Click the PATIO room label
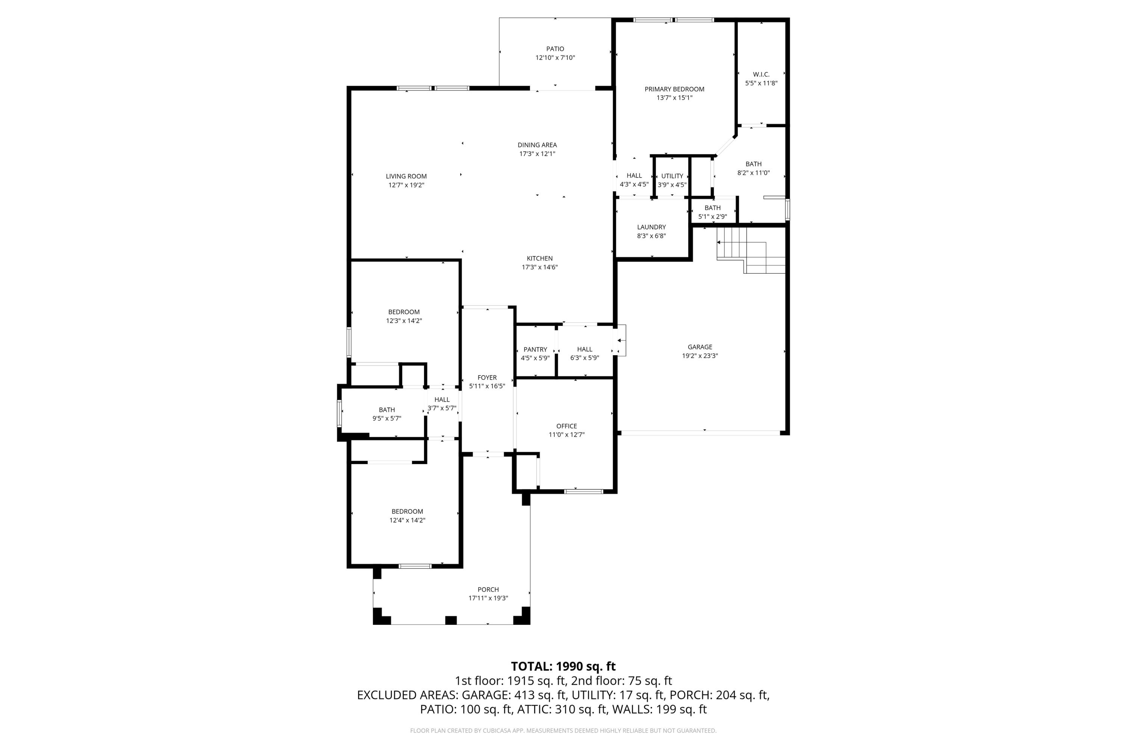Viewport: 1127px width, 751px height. coord(555,49)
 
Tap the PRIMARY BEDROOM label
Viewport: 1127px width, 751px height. coord(674,89)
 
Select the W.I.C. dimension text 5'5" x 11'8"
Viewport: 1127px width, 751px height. coord(761,83)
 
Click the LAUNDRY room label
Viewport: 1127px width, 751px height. coord(651,227)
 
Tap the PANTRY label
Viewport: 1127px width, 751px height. coord(535,350)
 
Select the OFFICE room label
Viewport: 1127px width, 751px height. coord(567,426)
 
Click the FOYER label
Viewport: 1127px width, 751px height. coord(487,378)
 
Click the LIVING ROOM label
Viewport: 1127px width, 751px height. coord(406,176)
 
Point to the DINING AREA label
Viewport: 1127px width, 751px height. coord(537,145)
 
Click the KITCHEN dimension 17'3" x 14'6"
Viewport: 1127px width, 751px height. coord(539,267)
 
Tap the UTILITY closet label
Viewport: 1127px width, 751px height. coord(672,176)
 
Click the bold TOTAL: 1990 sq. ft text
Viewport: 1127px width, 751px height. coord(563,666)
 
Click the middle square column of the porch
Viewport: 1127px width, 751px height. coord(451,620)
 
